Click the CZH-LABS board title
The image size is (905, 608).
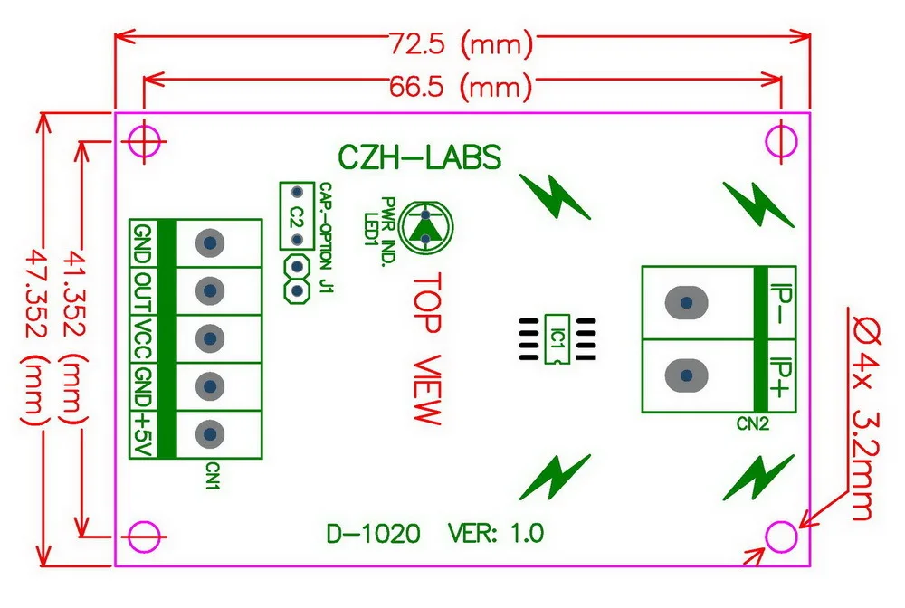coord(419,158)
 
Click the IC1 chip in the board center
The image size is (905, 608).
coord(557,339)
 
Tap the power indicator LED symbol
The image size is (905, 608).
coord(424,225)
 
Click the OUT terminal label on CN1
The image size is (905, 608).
coord(142,290)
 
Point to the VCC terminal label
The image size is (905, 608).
coord(142,337)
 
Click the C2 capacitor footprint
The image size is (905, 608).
coord(296,216)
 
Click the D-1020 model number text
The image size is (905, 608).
coord(373,535)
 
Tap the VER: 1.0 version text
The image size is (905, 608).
coord(496,535)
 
